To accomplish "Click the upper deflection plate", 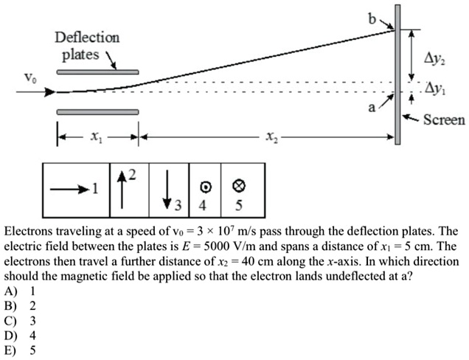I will [97, 72].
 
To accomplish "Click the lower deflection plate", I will [97, 111].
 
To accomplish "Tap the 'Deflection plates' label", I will [86, 46].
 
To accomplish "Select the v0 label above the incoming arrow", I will [28, 77].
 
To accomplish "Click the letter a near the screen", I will [372, 108].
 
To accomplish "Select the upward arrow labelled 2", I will [121, 184].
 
